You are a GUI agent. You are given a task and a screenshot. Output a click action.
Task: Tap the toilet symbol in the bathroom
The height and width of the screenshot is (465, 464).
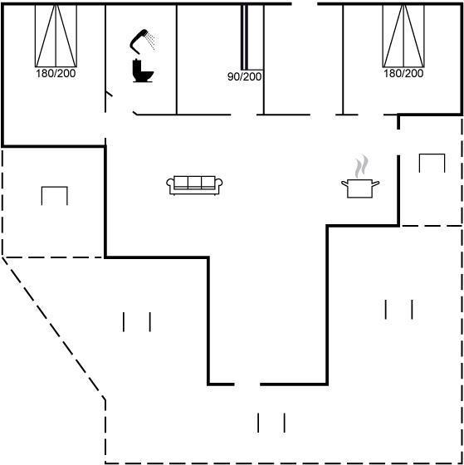pyautogui.click(x=143, y=71)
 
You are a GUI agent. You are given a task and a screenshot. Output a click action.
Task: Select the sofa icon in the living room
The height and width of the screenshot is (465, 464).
pyautogui.click(x=194, y=186)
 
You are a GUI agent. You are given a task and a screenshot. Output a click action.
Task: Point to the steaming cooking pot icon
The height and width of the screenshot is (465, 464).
pyautogui.click(x=360, y=177)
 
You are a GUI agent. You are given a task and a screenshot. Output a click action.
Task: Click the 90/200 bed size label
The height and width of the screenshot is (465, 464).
pyautogui.click(x=244, y=76)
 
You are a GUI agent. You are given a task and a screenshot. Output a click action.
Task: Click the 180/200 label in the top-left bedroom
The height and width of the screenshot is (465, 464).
pyautogui.click(x=56, y=74)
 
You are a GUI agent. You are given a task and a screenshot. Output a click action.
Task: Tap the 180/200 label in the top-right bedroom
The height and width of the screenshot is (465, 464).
pyautogui.click(x=403, y=74)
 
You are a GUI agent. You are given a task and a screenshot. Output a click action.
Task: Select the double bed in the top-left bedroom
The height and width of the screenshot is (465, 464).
pyautogui.click(x=56, y=36)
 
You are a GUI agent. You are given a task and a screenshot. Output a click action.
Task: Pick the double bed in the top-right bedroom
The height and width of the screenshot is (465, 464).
pyautogui.click(x=403, y=36)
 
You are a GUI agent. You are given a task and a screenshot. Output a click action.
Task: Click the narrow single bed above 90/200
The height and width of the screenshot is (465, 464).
pyautogui.click(x=252, y=37)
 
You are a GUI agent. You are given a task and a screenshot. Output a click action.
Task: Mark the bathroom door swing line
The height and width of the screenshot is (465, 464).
pyautogui.click(x=109, y=94)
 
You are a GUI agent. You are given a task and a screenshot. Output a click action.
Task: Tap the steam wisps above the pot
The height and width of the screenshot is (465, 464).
pyautogui.click(x=362, y=166)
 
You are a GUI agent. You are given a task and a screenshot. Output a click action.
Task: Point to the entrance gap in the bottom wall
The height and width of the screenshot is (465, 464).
pyautogui.click(x=247, y=384)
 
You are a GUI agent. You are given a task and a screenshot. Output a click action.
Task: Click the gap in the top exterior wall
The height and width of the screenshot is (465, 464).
pyautogui.click(x=305, y=4)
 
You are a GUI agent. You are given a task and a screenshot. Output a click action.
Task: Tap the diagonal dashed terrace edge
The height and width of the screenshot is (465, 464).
pyautogui.click(x=53, y=329)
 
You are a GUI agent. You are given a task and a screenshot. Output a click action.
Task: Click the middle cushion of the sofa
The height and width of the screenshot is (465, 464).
pyautogui.click(x=194, y=182)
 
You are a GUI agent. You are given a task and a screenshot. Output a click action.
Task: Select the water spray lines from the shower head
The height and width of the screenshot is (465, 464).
pyautogui.click(x=151, y=42)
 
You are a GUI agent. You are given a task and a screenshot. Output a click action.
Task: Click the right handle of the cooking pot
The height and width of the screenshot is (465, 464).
pyautogui.click(x=376, y=184)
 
